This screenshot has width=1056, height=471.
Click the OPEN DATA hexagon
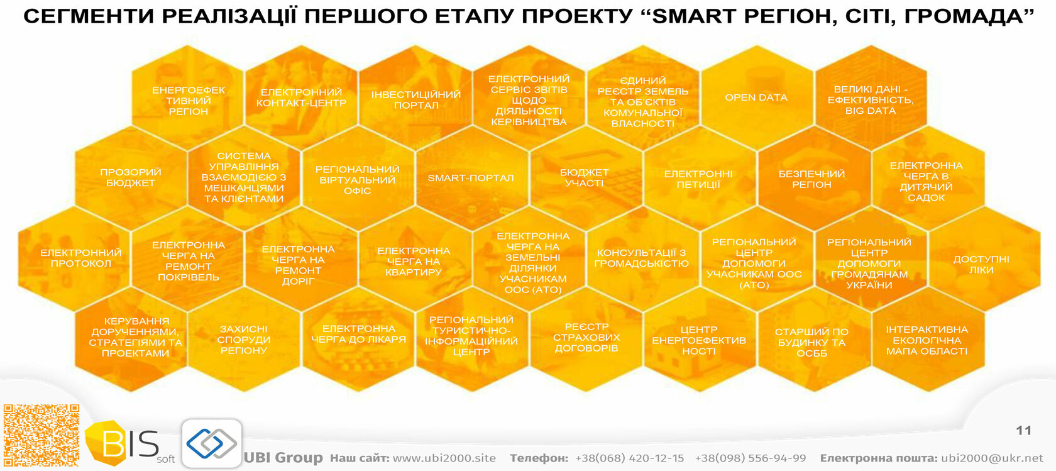point(757,97)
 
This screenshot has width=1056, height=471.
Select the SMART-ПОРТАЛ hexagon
point(471,178)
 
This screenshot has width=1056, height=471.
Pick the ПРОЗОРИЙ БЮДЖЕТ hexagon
point(131,178)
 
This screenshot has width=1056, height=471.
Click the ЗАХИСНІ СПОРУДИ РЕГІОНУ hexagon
point(244,340)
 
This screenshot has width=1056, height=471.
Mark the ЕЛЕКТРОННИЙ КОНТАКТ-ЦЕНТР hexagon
point(301,97)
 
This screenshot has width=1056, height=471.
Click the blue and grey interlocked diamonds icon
point(212,443)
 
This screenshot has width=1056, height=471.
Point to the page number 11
point(1023,431)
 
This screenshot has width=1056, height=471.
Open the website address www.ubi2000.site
point(444,458)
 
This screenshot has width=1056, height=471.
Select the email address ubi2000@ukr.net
point(993,458)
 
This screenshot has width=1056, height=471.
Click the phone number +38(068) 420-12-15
point(630,458)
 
